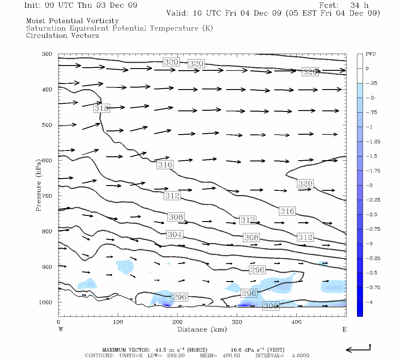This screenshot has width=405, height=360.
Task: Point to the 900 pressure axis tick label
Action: (47, 267)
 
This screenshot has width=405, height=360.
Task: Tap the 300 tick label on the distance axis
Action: (237, 322)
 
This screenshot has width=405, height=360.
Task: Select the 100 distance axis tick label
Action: (118, 322)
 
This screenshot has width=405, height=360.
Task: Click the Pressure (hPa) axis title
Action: (38, 185)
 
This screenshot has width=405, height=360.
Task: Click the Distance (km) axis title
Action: (202, 329)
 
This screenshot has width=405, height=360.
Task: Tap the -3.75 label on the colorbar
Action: (373, 287)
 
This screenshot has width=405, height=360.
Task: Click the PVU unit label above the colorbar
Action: (370, 54)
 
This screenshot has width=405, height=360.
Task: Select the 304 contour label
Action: (175, 234)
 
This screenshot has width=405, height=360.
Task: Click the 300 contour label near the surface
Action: (271, 306)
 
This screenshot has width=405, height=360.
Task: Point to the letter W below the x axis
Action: (61, 329)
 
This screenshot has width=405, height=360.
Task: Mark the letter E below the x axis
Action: (344, 329)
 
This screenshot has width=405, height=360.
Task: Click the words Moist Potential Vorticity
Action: (72, 21)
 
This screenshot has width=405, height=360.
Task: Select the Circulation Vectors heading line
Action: (62, 35)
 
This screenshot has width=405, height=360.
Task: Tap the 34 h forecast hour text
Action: (359, 5)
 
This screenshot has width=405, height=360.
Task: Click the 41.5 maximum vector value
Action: (160, 350)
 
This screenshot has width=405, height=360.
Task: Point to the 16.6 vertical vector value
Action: (235, 350)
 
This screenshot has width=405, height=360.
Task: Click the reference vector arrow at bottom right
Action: (358, 349)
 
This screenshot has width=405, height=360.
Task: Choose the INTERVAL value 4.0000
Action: (300, 355)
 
